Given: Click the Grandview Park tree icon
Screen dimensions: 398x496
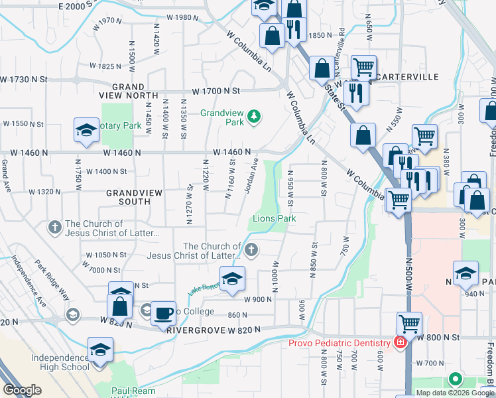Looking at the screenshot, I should (253, 118).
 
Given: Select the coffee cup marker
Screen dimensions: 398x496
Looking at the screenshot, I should (163, 313).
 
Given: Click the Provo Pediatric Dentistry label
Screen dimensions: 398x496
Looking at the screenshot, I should (339, 343).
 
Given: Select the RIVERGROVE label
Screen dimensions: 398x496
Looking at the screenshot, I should (192, 330).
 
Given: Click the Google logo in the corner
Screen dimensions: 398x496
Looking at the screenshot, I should (22, 390).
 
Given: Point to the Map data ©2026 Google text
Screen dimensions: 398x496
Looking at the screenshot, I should (455, 393).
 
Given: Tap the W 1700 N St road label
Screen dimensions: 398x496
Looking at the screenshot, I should (215, 91).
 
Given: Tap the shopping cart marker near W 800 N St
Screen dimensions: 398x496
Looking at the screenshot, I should (410, 325).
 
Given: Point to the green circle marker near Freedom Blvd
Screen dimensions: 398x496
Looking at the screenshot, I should (455, 379).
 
